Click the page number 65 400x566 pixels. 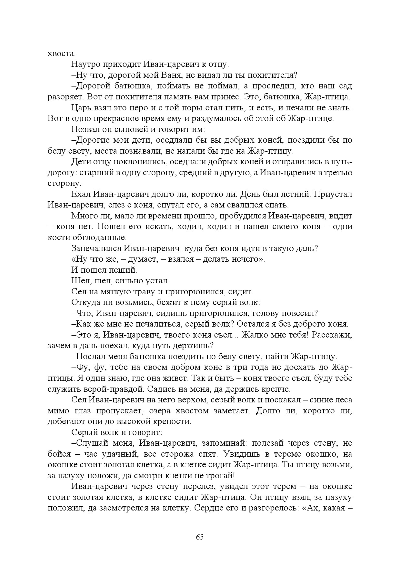[200, 537]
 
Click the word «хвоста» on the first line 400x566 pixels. [61, 53]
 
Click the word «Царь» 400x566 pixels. [81, 108]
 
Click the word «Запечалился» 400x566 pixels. [96, 248]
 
